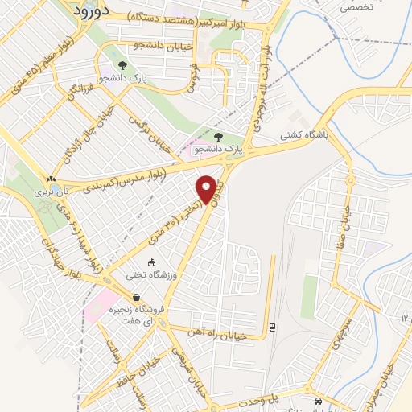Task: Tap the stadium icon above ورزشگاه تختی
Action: coord(151,262)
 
